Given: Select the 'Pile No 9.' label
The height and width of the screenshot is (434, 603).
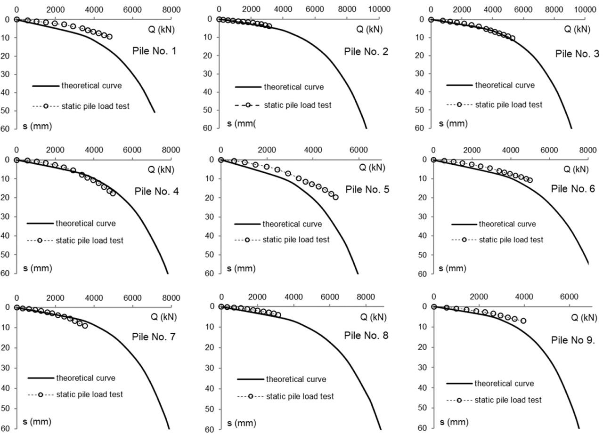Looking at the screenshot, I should point(573,340).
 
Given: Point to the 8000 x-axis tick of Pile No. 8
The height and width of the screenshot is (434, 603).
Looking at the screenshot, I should point(366,297).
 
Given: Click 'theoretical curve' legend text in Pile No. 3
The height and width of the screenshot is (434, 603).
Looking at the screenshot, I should point(505,85).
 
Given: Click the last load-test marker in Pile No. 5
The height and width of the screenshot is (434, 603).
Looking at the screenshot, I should point(335,197).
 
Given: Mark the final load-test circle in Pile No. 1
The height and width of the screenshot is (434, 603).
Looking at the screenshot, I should point(109,36).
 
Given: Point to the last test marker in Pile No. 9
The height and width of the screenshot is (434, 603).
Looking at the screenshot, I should point(523,321).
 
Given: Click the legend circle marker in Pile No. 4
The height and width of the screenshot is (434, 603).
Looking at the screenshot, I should point(40,241).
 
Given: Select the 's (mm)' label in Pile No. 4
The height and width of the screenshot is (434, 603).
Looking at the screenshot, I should point(38,268).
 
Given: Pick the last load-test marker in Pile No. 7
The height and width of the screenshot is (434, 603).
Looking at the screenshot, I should point(85,325).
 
